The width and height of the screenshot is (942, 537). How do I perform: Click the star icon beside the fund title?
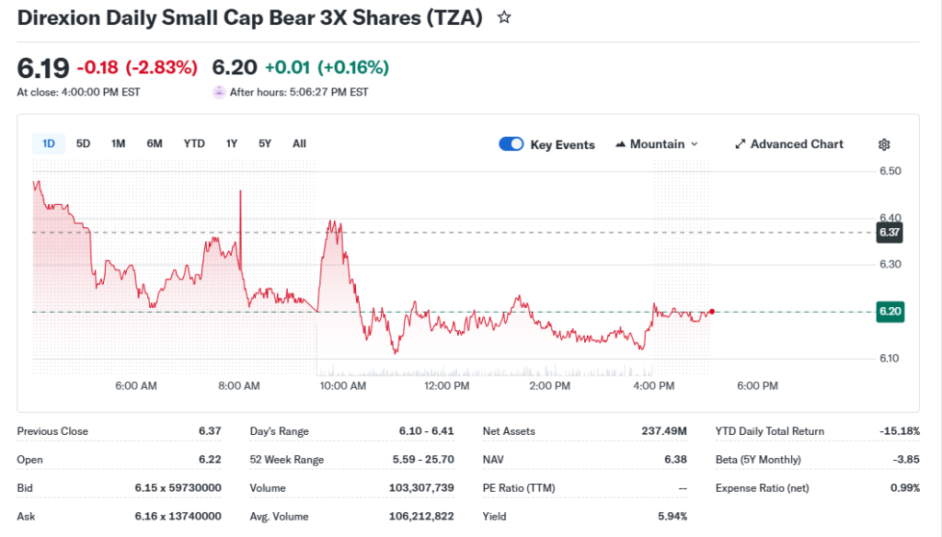pos(504,17)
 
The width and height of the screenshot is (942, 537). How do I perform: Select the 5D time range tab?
pos(84,143)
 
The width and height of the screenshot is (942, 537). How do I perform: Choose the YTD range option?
pos(194,143)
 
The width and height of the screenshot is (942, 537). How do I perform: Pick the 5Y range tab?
pos(265,143)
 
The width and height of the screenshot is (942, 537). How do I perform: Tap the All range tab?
pos(299,143)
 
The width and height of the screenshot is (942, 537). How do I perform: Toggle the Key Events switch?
pos(511,144)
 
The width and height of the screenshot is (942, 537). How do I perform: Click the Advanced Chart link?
pos(789,144)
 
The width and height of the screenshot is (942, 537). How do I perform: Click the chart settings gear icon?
pos(884,144)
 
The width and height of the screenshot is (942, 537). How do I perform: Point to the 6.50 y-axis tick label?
pos(890,171)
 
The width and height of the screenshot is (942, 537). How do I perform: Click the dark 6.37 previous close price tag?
pos(890,233)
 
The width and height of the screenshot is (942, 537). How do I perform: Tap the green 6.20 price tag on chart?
pos(890,312)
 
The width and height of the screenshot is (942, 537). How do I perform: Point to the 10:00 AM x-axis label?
pos(343,386)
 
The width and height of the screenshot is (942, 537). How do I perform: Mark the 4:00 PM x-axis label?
pos(654,386)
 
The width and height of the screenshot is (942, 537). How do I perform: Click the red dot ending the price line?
pos(712,312)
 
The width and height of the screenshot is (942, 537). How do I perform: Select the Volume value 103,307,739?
pos(416,488)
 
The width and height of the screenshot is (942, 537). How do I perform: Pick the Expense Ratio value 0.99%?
pos(904,488)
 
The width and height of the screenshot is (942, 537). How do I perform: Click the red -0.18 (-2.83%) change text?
pos(137,67)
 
